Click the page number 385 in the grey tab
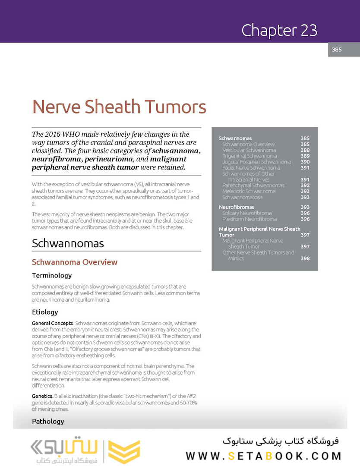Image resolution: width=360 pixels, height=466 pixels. pyautogui.click(x=337, y=50)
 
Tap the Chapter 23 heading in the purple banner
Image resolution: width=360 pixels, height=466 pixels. pyautogui.click(x=279, y=30)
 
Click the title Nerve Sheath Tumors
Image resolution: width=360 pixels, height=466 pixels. pyautogui.click(x=119, y=106)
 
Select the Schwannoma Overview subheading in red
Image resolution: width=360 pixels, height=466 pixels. pyautogui.click(x=75, y=262)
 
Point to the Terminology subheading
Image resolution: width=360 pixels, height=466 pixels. pyautogui.click(x=52, y=275)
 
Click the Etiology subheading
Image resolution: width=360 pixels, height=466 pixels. pyautogui.click(x=45, y=312)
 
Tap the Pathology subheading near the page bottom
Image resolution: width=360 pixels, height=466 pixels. pyautogui.click(x=48, y=421)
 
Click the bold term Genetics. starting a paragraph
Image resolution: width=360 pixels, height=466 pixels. pyautogui.click(x=43, y=396)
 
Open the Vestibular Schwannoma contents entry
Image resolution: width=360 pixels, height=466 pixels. pyautogui.click(x=249, y=150)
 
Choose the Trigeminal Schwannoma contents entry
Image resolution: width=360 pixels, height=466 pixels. pyautogui.click(x=249, y=156)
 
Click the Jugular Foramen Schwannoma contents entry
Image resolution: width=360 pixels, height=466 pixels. pyautogui.click(x=256, y=162)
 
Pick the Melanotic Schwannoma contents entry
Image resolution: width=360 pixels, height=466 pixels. pyautogui.click(x=249, y=191)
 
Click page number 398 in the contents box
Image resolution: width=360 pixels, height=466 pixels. pyautogui.click(x=305, y=258)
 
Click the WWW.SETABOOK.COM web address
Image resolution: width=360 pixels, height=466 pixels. pyautogui.click(x=263, y=456)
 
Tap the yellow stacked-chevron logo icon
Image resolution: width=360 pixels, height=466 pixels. pyautogui.click(x=124, y=452)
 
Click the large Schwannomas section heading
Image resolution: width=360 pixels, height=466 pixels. pyautogui.click(x=68, y=243)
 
